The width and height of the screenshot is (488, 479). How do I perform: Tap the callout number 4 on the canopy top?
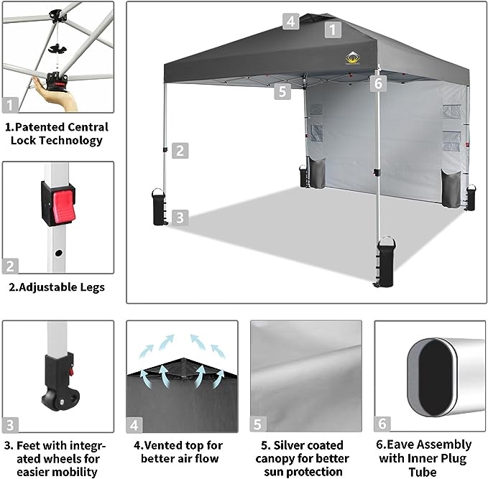(x=290, y=21)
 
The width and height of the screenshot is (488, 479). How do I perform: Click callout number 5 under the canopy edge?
(x=282, y=91)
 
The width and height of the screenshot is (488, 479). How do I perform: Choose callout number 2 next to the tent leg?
(x=180, y=151)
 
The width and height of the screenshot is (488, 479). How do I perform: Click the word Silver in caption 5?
(x=296, y=446)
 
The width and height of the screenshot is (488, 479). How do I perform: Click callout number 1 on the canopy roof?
(x=332, y=29)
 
